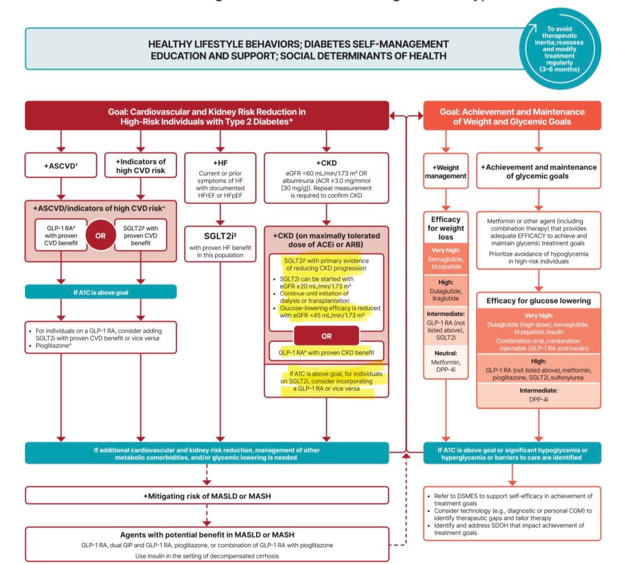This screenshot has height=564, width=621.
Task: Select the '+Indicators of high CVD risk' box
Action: click(141, 166)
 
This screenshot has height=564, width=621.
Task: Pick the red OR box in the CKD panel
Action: click(326, 336)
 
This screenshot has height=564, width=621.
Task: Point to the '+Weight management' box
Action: click(446, 171)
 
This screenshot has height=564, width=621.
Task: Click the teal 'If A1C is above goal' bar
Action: click(100, 292)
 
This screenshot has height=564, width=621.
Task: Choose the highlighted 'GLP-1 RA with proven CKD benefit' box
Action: click(326, 353)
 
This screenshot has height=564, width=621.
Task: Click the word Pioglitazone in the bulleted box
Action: click(56, 345)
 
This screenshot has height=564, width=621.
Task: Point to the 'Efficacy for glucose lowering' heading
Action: click(539, 300)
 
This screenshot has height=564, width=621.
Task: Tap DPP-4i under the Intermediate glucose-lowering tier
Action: click(539, 400)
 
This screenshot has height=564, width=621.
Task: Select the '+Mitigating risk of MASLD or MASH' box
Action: click(207, 495)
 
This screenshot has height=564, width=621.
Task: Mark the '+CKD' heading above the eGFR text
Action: click(326, 162)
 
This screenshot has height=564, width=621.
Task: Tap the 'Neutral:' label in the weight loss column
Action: click(446, 353)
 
